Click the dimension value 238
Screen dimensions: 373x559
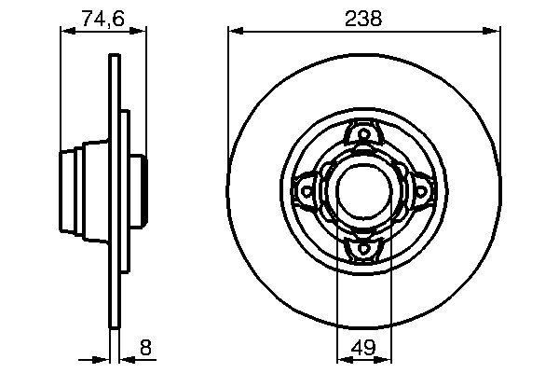tap(363, 17)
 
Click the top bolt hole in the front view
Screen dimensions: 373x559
tap(361, 137)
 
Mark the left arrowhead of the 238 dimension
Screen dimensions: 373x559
tap(234, 31)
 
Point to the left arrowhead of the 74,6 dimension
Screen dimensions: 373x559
tap(66, 31)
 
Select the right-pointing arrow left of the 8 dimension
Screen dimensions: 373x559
tap(103, 358)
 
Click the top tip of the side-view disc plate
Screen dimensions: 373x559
tap(115, 59)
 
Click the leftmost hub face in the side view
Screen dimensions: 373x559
tap(62, 191)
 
